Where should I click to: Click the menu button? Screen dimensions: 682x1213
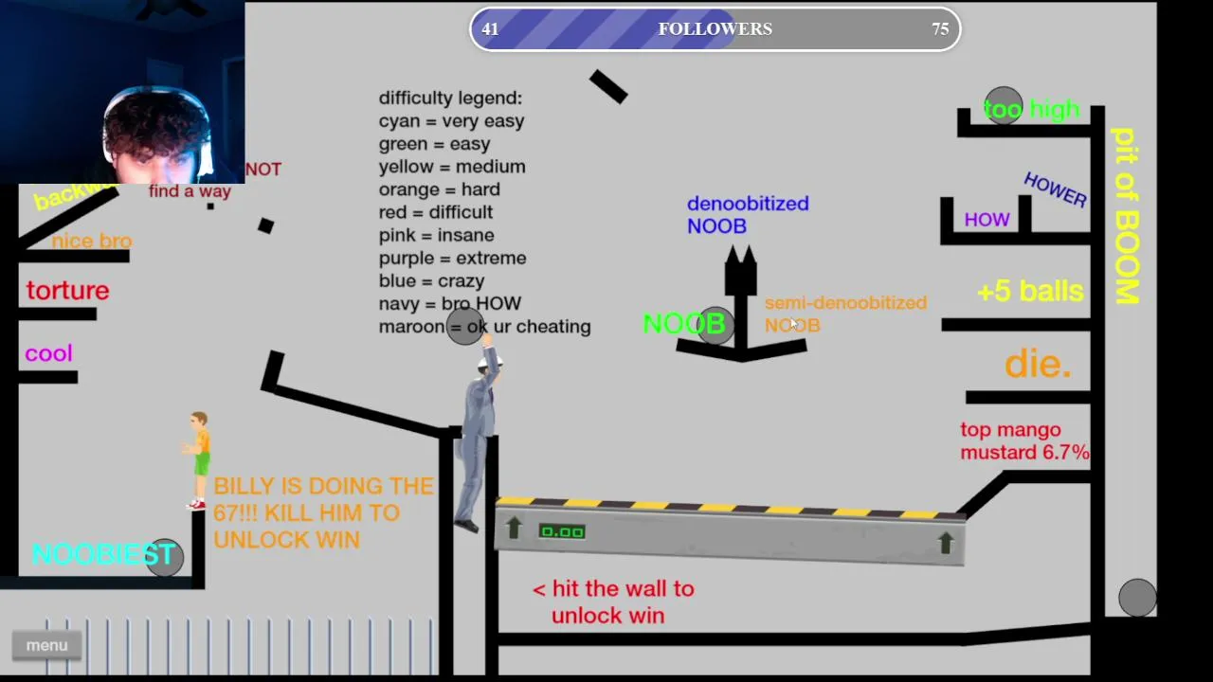[x=46, y=645]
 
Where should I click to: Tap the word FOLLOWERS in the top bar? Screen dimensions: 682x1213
[x=715, y=29]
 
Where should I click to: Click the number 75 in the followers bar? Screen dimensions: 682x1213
[x=939, y=29]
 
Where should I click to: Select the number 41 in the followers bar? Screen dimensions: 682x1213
[x=490, y=29]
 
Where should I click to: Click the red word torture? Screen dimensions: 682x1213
[x=67, y=291]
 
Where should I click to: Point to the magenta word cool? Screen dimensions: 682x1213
[x=48, y=353]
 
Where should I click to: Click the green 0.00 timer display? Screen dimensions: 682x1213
[x=562, y=531]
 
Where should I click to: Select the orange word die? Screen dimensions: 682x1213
[x=1038, y=364]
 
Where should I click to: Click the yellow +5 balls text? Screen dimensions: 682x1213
[x=1030, y=291]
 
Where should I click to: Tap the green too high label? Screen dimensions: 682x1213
[x=1031, y=110]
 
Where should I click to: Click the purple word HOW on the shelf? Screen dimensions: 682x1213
[x=987, y=220]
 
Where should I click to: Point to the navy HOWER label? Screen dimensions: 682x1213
[x=1055, y=189]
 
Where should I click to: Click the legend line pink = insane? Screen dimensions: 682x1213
[x=436, y=235]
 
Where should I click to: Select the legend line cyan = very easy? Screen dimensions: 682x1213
[x=451, y=121]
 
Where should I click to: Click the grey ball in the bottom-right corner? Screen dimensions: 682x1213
[x=1137, y=598]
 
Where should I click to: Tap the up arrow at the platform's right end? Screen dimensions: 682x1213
[x=945, y=542]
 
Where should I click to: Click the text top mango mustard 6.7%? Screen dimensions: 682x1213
[x=1024, y=441]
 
